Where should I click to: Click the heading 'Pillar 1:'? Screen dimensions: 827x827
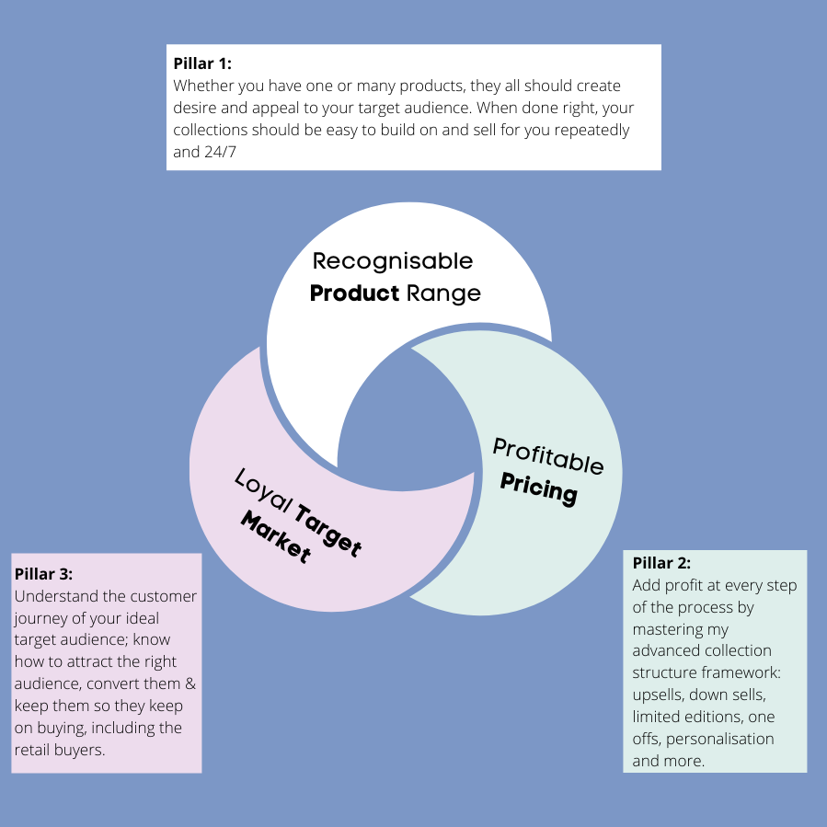pyautogui.click(x=202, y=64)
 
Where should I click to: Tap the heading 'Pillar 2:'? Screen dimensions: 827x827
pyautogui.click(x=661, y=563)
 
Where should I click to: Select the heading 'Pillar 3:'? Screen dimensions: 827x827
pyautogui.click(x=43, y=574)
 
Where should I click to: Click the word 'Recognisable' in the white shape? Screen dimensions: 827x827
pyautogui.click(x=393, y=261)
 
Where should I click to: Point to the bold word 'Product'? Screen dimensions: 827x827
pyautogui.click(x=354, y=293)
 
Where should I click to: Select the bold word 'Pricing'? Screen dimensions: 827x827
pyautogui.click(x=539, y=488)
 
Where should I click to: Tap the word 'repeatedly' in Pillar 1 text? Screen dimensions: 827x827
pyautogui.click(x=594, y=130)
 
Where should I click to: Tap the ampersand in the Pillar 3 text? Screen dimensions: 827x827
pyautogui.click(x=189, y=684)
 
